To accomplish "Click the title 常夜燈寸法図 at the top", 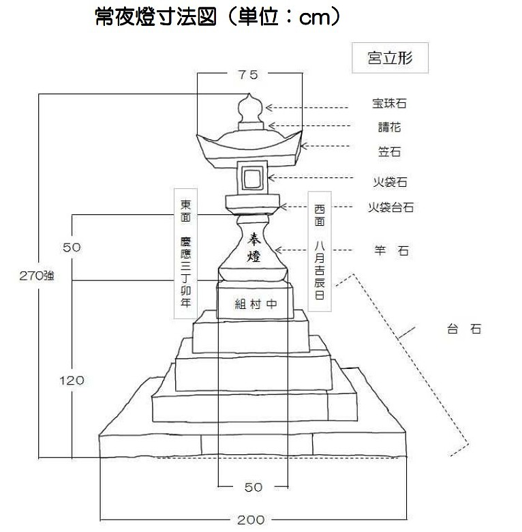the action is pos(155,17).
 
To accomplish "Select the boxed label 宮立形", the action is pos(390,58).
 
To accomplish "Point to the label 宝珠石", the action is pos(389,103).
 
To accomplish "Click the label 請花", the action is pos(390,128).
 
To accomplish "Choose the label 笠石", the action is pos(390,151).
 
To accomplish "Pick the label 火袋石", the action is pos(390,182).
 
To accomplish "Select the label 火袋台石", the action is pos(391,207).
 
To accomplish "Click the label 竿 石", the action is pos(391,251).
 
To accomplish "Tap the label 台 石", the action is pos(464,329).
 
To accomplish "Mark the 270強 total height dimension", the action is pos(37,276).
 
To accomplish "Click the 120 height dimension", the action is pos(72,381).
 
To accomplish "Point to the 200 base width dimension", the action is pos(251,520).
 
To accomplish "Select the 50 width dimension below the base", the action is pos(254,487).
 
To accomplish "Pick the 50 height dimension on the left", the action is pos(72,248).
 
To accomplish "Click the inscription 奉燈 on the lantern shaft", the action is pos(254,248).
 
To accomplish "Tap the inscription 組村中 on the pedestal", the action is pos(256,304).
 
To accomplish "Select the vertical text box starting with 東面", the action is pos(185,254).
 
